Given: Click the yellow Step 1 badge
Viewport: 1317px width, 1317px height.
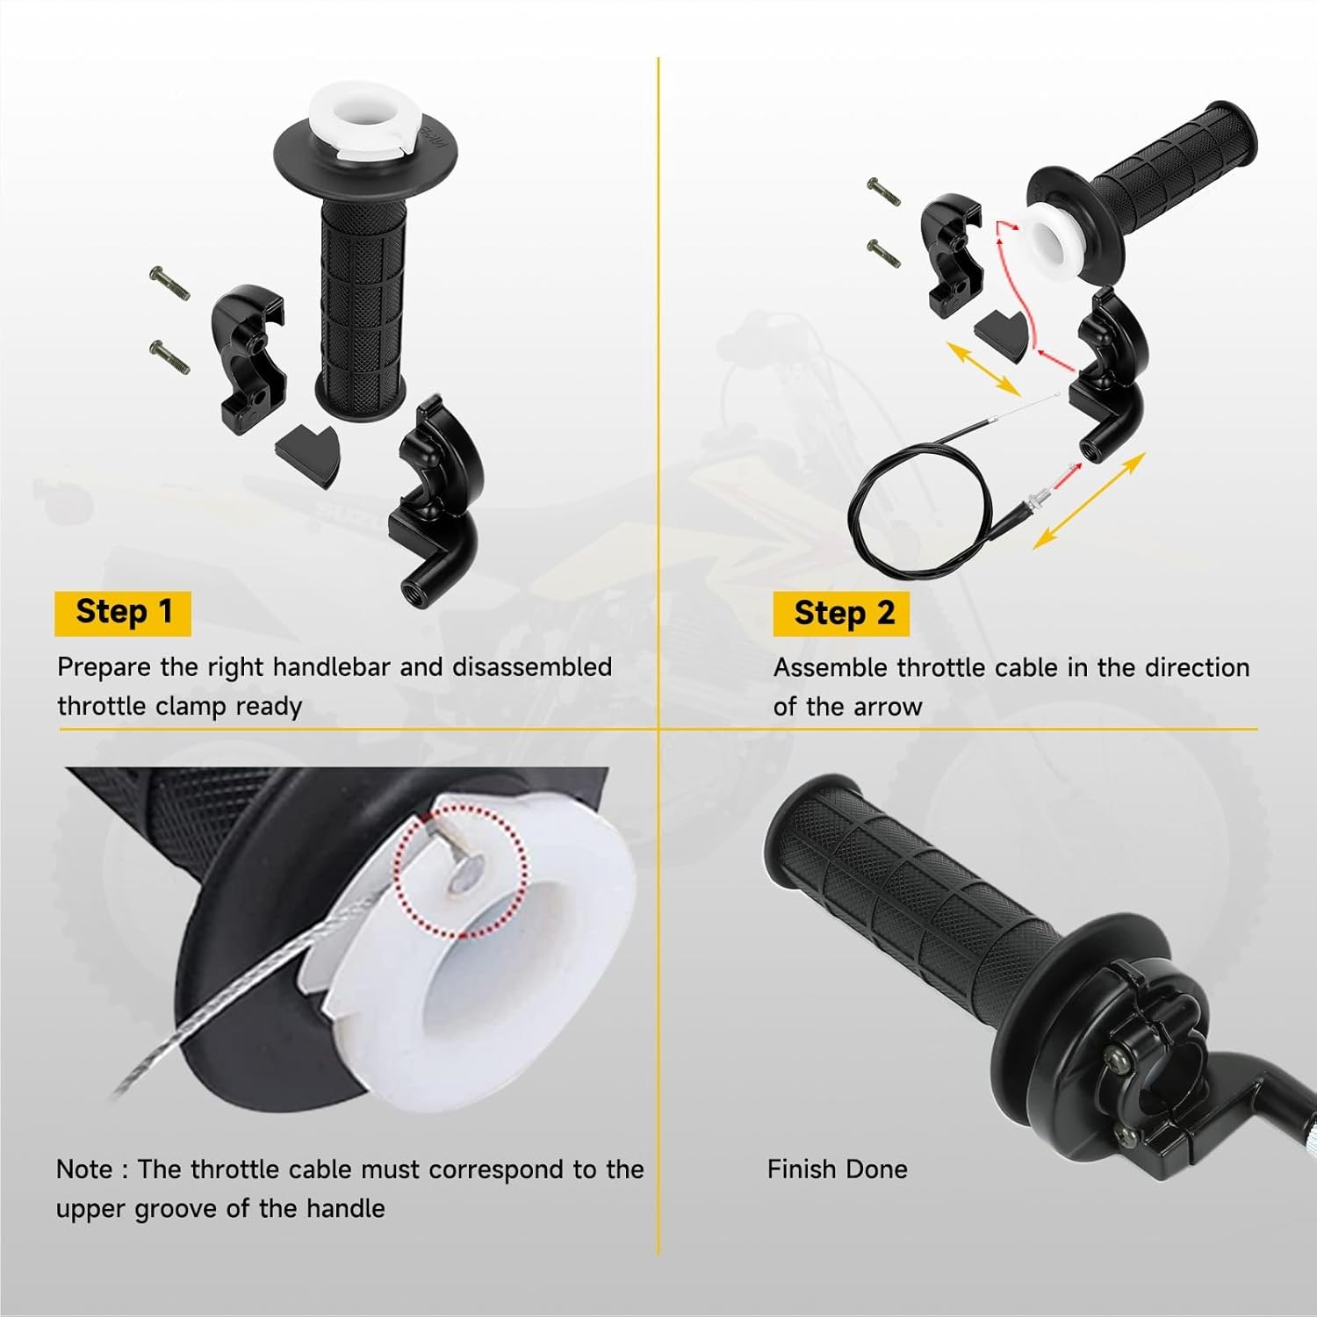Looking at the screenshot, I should pos(123,612).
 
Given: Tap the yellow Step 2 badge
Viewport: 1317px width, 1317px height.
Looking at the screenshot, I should pos(842,614).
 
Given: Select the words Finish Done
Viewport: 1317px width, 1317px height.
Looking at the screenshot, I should pos(837,1169).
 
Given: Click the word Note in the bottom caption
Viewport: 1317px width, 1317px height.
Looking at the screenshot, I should pos(83,1169).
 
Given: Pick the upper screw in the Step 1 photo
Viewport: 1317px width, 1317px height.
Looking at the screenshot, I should pos(169,284).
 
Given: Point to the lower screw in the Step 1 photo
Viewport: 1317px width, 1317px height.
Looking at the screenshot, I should pos(169,356).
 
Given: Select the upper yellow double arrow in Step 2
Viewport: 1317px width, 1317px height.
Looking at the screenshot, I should pos(982,369).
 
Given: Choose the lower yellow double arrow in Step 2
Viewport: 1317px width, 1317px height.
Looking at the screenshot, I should pos(1089,500).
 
